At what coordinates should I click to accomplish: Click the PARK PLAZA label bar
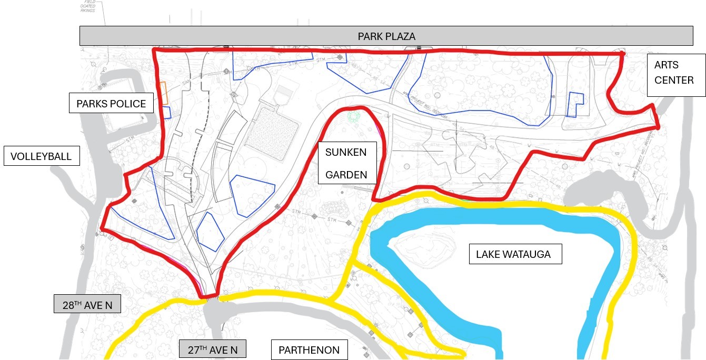click(x=386, y=36)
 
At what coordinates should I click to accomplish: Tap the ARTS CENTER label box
click(x=676, y=75)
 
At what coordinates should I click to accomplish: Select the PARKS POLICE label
click(x=111, y=103)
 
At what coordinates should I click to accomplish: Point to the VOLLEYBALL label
click(x=42, y=156)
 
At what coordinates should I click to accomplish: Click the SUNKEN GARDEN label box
click(x=347, y=163)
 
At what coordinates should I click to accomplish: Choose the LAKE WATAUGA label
click(x=515, y=254)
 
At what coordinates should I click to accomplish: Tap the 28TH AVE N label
click(x=87, y=304)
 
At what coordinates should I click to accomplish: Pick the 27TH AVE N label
click(x=212, y=349)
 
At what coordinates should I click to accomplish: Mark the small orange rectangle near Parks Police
click(x=164, y=93)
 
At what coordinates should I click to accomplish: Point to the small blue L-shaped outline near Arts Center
click(x=576, y=104)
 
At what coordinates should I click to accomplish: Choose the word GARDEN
click(x=346, y=175)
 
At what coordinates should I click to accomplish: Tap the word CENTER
click(x=674, y=81)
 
